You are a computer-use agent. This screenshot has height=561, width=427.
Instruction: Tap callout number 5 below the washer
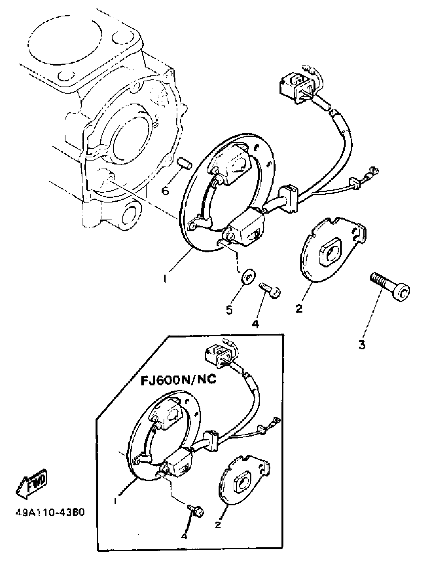(229, 310)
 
